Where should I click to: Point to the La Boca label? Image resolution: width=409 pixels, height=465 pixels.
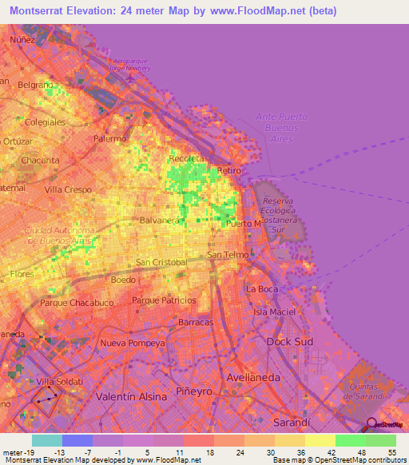[x=262, y=288]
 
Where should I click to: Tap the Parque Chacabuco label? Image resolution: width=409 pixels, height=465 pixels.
[x=77, y=304]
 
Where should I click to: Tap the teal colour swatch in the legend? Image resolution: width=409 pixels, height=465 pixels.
[x=47, y=439]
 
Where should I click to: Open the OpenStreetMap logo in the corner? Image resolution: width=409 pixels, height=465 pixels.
[x=386, y=425]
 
